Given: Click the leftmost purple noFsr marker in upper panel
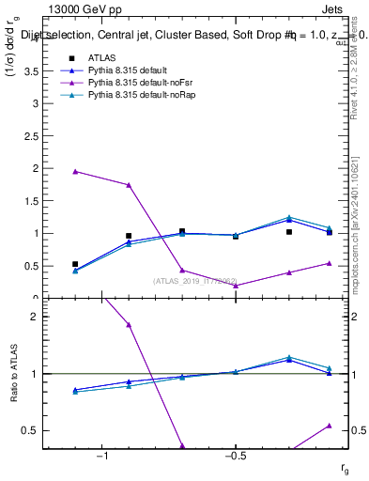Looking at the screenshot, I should coord(75,171).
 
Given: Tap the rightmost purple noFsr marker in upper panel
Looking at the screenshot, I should coord(330,263).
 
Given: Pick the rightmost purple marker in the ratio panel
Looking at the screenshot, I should coord(330,426).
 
